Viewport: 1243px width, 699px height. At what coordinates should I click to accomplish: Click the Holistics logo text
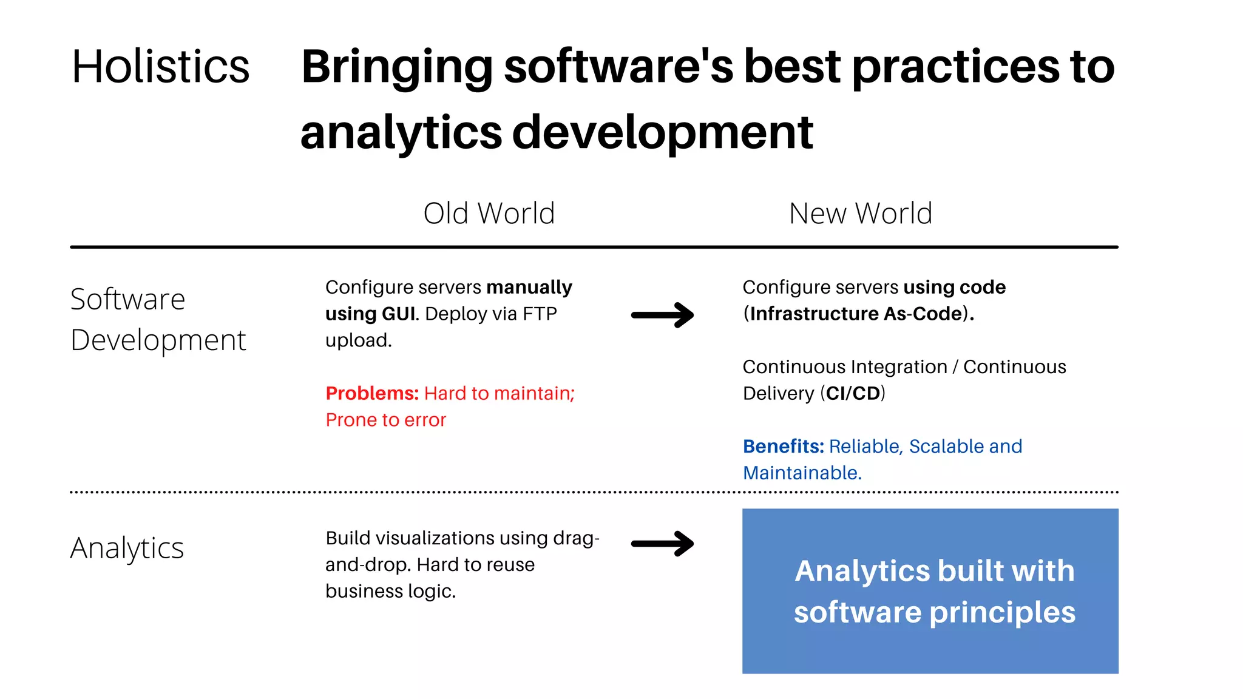pos(160,66)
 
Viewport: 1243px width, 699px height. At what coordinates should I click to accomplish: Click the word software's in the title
pos(619,66)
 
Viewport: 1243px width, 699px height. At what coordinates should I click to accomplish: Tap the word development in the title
pos(662,132)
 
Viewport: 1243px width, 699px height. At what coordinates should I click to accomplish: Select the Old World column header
pos(489,214)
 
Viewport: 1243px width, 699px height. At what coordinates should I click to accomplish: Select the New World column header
pos(860,214)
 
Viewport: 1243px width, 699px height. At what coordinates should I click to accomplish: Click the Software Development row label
pos(158,319)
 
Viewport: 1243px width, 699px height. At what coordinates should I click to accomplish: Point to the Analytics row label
pos(127,548)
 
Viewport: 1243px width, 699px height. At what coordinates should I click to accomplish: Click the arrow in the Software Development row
pos(662,315)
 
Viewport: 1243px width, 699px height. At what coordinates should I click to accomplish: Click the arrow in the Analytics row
pos(662,544)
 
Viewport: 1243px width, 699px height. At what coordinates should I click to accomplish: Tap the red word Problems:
pos(372,393)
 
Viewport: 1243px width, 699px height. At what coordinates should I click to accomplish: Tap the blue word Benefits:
pos(783,446)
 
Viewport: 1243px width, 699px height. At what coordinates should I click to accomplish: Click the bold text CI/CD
pos(853,393)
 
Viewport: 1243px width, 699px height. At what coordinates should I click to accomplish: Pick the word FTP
pos(540,314)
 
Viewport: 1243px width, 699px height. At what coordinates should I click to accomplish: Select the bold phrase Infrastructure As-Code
pos(856,314)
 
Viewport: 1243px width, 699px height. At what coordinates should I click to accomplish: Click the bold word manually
pos(529,287)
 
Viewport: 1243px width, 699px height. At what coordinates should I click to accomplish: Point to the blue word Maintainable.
pos(801,473)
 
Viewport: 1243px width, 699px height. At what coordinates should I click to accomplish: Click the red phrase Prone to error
pos(385,420)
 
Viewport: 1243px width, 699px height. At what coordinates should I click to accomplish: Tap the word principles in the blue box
pos(1002,612)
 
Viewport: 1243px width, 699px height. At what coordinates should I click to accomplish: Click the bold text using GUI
pos(370,314)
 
